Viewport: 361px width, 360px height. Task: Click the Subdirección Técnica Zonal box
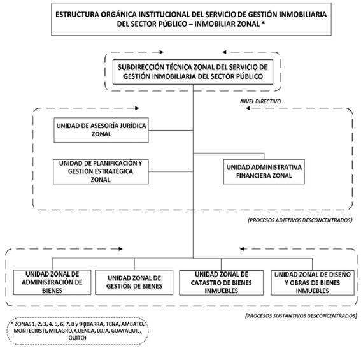193,72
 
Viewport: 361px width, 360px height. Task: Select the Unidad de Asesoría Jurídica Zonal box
101,130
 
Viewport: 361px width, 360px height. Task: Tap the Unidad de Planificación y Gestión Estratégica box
101,171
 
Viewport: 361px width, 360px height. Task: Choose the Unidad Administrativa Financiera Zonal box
264,171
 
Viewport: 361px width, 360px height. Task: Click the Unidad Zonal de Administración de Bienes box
52,282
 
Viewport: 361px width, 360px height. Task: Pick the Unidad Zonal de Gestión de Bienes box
134,282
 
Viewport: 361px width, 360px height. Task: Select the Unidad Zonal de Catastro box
222,282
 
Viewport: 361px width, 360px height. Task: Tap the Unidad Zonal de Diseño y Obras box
313,282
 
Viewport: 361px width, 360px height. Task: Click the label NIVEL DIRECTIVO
260,101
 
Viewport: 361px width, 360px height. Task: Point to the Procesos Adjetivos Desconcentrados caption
300,220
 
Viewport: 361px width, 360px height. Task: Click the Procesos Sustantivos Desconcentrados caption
301,316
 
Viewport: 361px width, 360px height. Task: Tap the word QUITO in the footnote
77,338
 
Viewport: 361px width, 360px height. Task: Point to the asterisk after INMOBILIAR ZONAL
263,23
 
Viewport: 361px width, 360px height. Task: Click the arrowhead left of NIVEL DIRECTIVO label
248,108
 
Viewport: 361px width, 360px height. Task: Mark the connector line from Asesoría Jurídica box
171,130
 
